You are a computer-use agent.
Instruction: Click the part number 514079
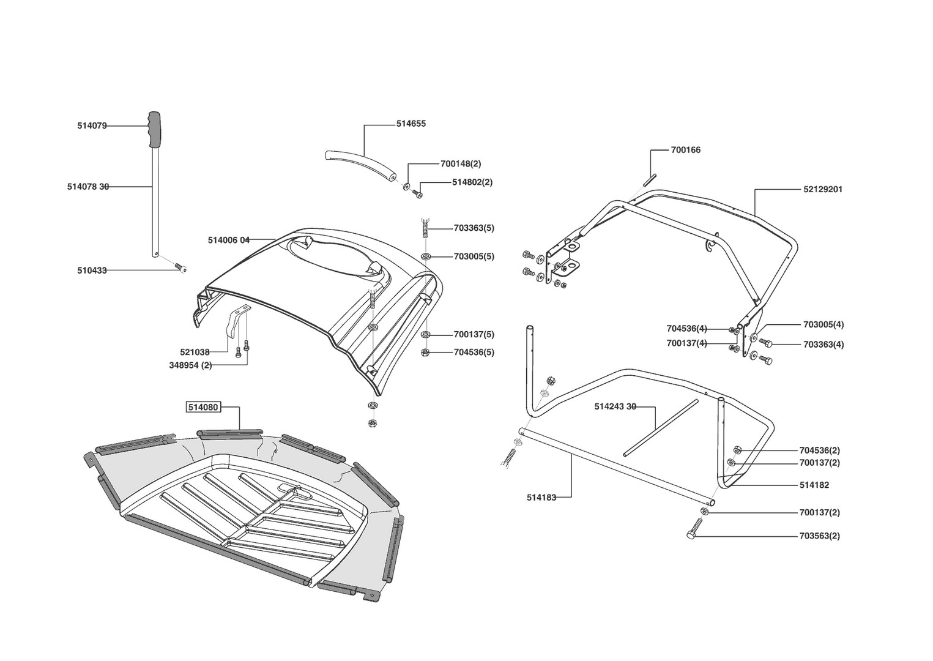click(x=92, y=126)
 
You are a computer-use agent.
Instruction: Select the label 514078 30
click(x=88, y=187)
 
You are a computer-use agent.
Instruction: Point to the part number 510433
click(x=92, y=270)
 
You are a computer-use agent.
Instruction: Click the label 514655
click(x=411, y=124)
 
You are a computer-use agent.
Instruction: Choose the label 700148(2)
click(x=461, y=164)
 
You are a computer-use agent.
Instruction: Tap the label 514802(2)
click(x=472, y=182)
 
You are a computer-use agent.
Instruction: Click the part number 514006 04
click(x=229, y=240)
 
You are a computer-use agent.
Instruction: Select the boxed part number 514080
click(x=203, y=407)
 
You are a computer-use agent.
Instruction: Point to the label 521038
click(x=195, y=352)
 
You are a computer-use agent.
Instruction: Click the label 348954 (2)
click(x=190, y=365)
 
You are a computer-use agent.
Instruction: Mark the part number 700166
click(x=686, y=150)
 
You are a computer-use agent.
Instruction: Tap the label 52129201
click(x=823, y=189)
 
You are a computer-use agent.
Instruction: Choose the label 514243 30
click(x=615, y=406)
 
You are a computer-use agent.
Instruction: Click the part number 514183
click(x=541, y=498)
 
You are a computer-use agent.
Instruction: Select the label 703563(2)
click(x=820, y=536)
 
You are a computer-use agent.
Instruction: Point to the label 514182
click(x=814, y=485)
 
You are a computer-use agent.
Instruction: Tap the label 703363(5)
click(x=474, y=228)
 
